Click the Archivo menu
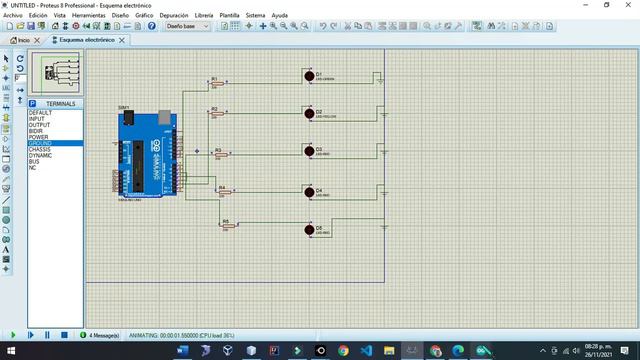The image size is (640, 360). point(12,16)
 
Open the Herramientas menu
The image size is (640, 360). point(89,16)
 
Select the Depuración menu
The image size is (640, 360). point(173,16)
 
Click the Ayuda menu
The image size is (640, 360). point(280,16)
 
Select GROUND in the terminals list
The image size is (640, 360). point(41,144)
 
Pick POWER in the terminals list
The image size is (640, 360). point(38,138)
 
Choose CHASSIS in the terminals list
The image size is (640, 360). point(41,150)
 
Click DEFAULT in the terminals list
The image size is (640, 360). point(41,113)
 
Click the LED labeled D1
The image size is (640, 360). point(308,76)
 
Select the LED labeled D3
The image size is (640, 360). point(308,152)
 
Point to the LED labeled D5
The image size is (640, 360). point(308,230)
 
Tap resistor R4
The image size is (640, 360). point(222,191)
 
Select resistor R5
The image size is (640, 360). point(227,226)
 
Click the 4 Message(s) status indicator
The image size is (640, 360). point(103,335)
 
